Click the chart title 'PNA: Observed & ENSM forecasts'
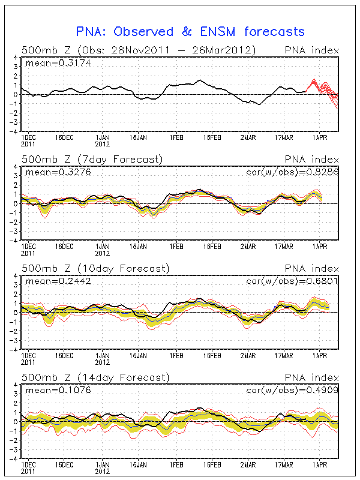pos(190,32)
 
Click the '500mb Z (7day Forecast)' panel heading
pos(92,159)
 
